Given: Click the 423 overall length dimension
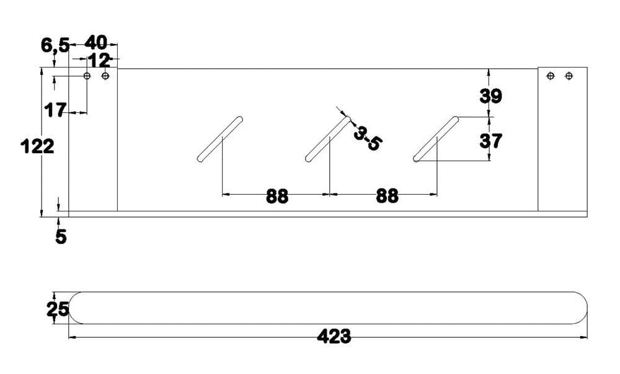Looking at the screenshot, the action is point(334,336).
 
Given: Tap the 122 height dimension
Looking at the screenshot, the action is point(37,146).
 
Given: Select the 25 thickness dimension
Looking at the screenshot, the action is point(58,309).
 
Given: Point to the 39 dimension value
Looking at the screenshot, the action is point(490,96).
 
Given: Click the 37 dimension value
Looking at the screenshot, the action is point(490,141).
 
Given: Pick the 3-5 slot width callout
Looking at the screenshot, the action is point(368,138).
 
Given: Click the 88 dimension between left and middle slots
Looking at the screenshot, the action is point(277,196).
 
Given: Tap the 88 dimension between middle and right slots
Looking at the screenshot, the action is point(387,196).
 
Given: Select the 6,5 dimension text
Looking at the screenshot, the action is point(55,45).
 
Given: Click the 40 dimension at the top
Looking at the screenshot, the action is point(95,42).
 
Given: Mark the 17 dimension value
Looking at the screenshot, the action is point(55,110).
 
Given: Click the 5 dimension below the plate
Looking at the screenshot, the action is point(61,237).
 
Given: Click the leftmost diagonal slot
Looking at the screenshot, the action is point(220,139).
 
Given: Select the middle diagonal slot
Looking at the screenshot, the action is point(328,139).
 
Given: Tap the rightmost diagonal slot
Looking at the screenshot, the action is point(436,139).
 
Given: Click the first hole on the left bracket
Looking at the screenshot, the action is point(87,76).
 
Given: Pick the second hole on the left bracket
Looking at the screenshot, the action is point(105,76).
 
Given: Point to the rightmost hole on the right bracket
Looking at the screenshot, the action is point(569,76).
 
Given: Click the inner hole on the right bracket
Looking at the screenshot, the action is point(551,76).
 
